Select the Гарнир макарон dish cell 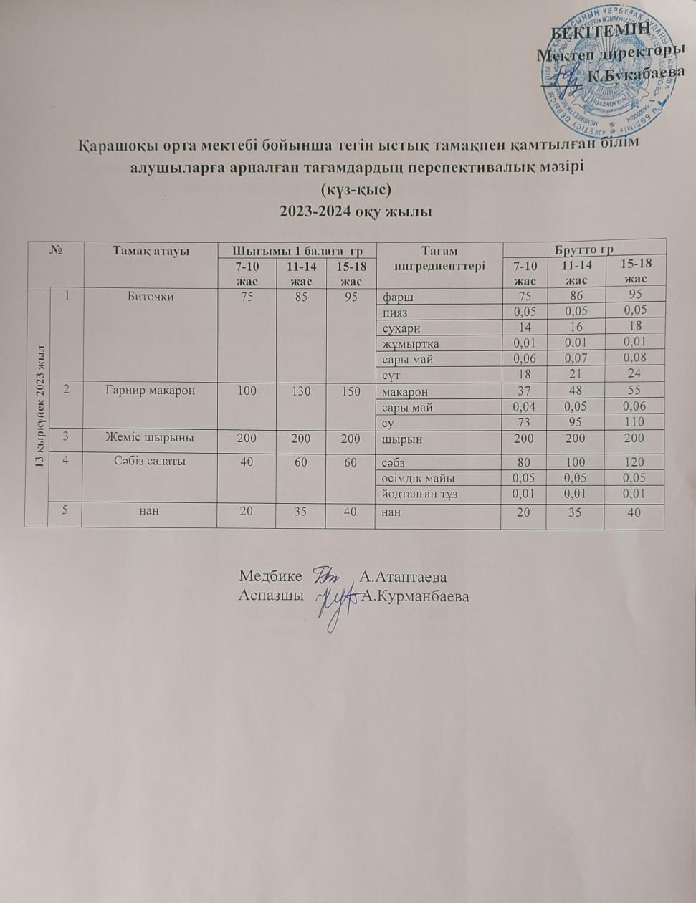pos(151,391)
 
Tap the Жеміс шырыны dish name pos(151,438)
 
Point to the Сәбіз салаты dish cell pos(151,461)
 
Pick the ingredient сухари pos(401,327)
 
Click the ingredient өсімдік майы pos(419,478)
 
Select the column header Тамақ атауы pos(151,251)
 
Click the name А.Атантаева pos(404,577)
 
